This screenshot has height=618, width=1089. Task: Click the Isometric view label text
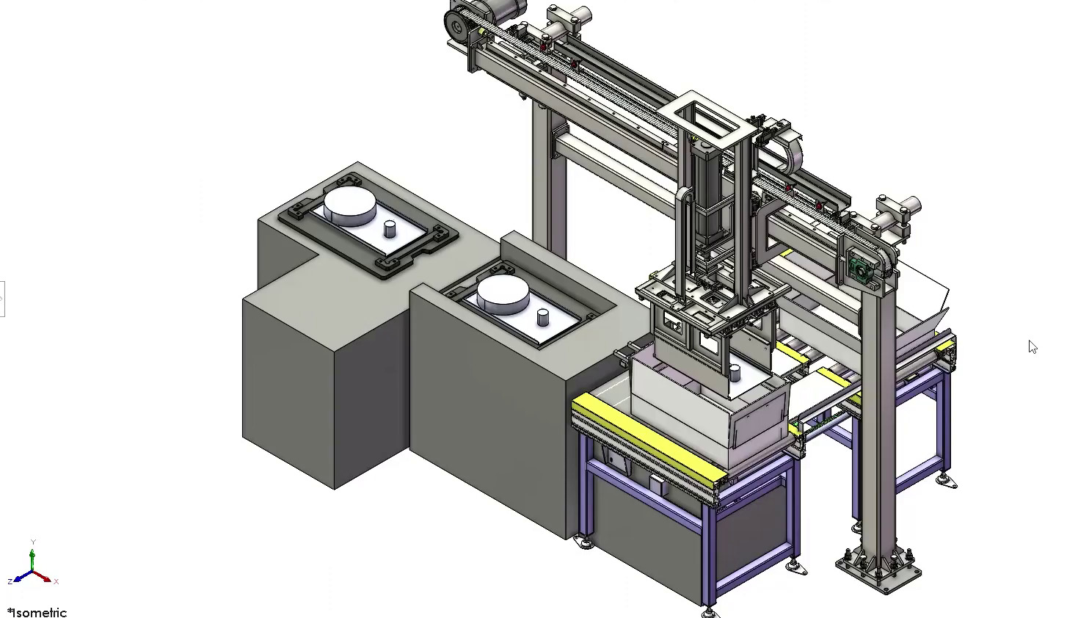[38, 612]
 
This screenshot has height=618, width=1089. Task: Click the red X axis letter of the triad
[57, 581]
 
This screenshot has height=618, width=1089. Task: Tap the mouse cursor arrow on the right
[1032, 347]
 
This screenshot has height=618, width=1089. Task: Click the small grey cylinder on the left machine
[390, 228]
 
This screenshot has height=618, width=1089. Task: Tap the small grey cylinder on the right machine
[543, 317]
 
